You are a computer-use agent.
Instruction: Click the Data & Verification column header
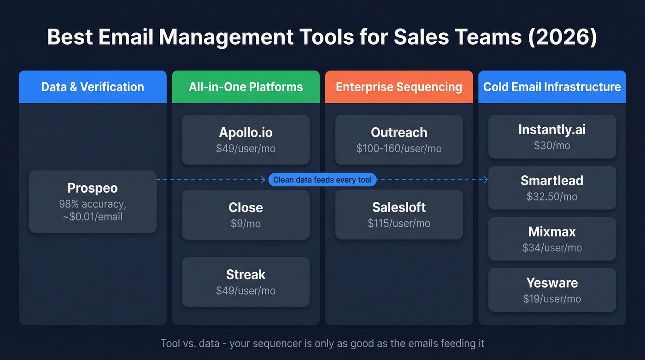[x=93, y=87]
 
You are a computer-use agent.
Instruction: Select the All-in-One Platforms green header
[x=246, y=87]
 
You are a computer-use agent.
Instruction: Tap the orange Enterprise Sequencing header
[x=399, y=87]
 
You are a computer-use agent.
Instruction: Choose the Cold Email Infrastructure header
[x=552, y=87]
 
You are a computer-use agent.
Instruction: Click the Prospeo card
[x=93, y=201]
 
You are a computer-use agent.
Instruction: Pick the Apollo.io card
[x=246, y=140]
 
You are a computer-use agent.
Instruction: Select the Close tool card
[x=246, y=214]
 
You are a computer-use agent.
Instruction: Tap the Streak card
[x=246, y=282]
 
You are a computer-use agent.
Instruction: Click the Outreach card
[x=399, y=140]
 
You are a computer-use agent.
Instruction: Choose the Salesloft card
[x=399, y=214]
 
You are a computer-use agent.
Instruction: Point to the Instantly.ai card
[x=552, y=136]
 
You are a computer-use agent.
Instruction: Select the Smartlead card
[x=552, y=188]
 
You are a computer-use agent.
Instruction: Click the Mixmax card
[x=552, y=239]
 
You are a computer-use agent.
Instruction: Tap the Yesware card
[x=552, y=290]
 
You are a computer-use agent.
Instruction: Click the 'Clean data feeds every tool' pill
[x=322, y=180]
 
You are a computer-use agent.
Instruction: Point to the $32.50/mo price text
[x=552, y=197]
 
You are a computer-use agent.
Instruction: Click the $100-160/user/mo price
[x=399, y=149]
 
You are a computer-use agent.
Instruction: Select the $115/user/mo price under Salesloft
[x=399, y=224]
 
